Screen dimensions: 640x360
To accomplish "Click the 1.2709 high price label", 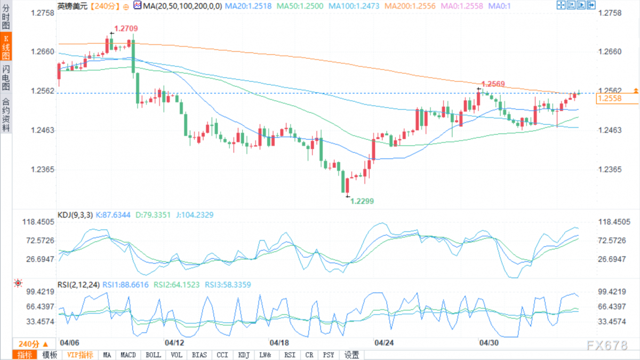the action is pyautogui.click(x=126, y=29).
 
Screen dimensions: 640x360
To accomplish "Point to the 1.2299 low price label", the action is pyautogui.click(x=362, y=201).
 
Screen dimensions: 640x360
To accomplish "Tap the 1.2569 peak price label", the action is pyautogui.click(x=493, y=84).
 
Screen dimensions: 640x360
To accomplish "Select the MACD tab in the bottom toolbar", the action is pyautogui.click(x=128, y=355).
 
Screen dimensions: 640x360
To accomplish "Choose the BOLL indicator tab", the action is pyautogui.click(x=153, y=355).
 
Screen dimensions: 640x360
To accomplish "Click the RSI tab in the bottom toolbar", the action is pyautogui.click(x=290, y=355).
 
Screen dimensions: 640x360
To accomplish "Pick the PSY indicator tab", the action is pyautogui.click(x=329, y=355).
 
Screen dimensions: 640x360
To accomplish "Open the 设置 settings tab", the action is pyautogui.click(x=351, y=355).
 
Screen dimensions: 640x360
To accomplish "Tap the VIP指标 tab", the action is pyautogui.click(x=81, y=355).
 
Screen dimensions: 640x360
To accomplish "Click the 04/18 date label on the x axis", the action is pyautogui.click(x=279, y=342).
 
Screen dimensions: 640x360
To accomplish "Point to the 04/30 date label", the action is pyautogui.click(x=489, y=342).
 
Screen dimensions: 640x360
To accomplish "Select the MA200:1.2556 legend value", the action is pyautogui.click(x=410, y=6).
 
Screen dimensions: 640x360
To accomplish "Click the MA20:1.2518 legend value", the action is pyautogui.click(x=248, y=6).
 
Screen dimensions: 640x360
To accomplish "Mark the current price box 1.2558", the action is pyautogui.click(x=617, y=99).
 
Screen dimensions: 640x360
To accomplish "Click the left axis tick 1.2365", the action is pyautogui.click(x=42, y=170).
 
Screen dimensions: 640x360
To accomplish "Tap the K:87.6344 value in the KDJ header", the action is pyautogui.click(x=113, y=215).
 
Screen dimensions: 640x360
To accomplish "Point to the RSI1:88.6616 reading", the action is pyautogui.click(x=125, y=285).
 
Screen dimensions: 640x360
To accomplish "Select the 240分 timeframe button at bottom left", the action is pyautogui.click(x=33, y=344).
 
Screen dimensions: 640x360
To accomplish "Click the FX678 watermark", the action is pyautogui.click(x=607, y=346).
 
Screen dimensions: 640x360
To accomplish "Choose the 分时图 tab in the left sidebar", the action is pyautogui.click(x=6, y=17).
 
